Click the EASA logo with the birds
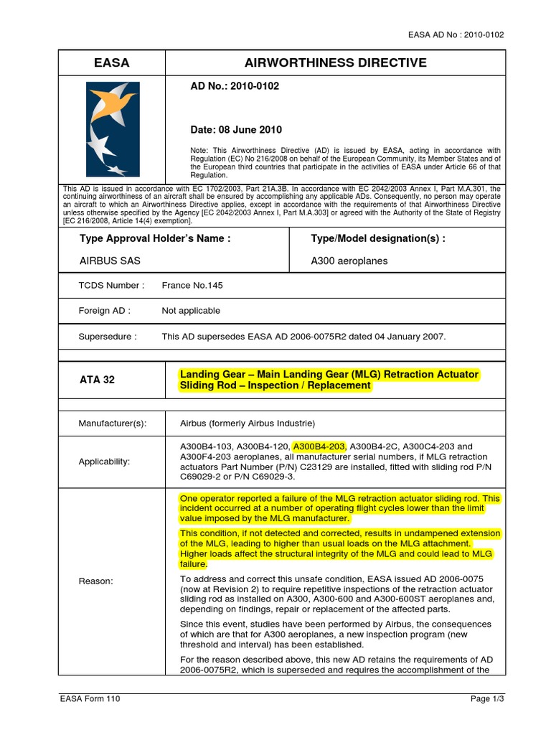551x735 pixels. pyautogui.click(x=113, y=129)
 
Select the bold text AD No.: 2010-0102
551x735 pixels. pyautogui.click(x=234, y=87)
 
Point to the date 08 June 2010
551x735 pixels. pyautogui.click(x=236, y=130)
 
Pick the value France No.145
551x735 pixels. pyautogui.click(x=192, y=285)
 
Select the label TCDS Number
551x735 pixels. pyautogui.click(x=111, y=285)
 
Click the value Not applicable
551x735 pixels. pyautogui.click(x=191, y=311)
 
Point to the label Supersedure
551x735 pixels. pyautogui.click(x=108, y=336)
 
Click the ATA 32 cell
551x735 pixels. pyautogui.click(x=97, y=380)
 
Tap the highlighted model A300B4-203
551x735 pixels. pyautogui.click(x=319, y=446)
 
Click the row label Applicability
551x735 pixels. pyautogui.click(x=104, y=462)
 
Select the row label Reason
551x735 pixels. pyautogui.click(x=95, y=581)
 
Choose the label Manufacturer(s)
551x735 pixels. pyautogui.click(x=113, y=423)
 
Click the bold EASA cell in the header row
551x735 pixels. pyautogui.click(x=112, y=62)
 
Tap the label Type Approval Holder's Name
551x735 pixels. pyautogui.click(x=155, y=238)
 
